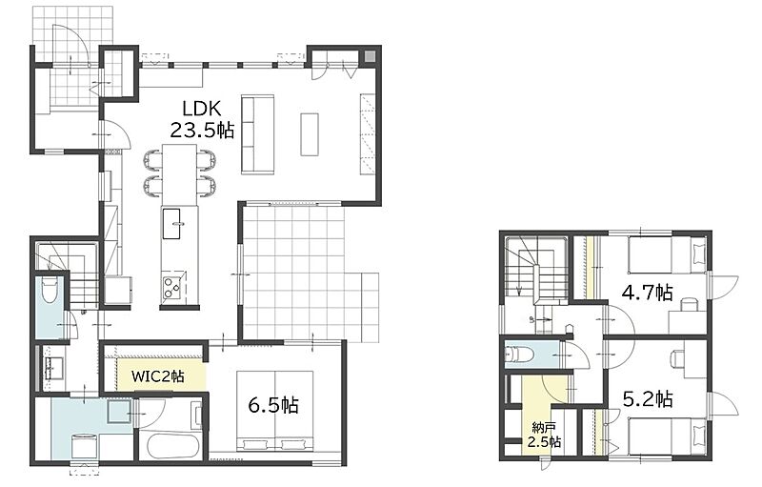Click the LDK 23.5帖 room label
202,119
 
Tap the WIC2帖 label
158,375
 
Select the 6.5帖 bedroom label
273,404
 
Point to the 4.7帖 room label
648,293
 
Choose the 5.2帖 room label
648,399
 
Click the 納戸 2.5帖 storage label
544,435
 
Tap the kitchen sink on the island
171,223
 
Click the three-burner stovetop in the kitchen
171,287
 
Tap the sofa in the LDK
257,134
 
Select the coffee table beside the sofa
309,134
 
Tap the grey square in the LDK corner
370,57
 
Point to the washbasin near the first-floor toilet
52,368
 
